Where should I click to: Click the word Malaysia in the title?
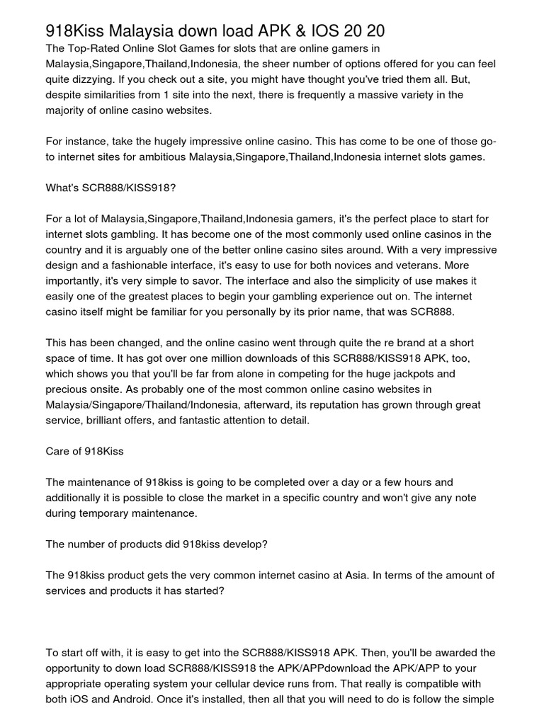pyautogui.click(x=144, y=30)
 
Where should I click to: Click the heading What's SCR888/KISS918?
pyautogui.click(x=110, y=188)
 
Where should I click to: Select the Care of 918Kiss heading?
pyautogui.click(x=84, y=451)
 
